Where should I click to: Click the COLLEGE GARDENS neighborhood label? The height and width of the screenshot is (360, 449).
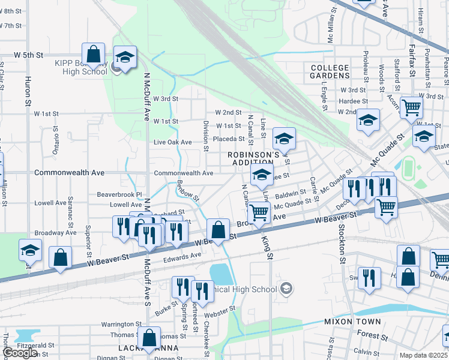click(330, 71)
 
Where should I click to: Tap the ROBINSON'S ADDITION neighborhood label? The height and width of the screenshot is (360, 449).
click(254, 158)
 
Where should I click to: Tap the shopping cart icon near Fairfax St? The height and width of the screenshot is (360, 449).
click(411, 108)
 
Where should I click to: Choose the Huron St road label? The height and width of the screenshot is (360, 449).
click(28, 92)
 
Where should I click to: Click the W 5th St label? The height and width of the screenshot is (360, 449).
click(30, 55)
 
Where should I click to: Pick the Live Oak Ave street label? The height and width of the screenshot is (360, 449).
click(172, 142)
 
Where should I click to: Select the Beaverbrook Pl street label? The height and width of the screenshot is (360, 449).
click(119, 194)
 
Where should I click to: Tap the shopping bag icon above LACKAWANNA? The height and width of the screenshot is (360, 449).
click(149, 338)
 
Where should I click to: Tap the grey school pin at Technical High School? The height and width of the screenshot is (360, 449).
click(286, 289)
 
